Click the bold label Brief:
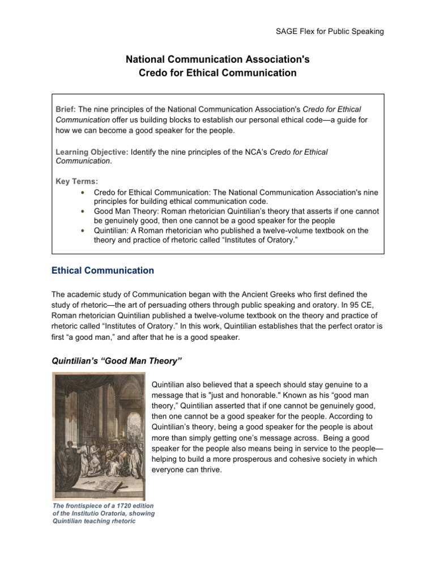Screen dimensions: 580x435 click(x=66, y=109)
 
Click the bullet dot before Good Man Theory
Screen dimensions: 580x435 click(x=83, y=211)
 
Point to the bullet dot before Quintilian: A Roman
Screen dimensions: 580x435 click(x=83, y=231)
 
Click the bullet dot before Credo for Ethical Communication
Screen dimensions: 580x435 click(x=83, y=192)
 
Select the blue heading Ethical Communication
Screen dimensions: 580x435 click(x=103, y=271)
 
